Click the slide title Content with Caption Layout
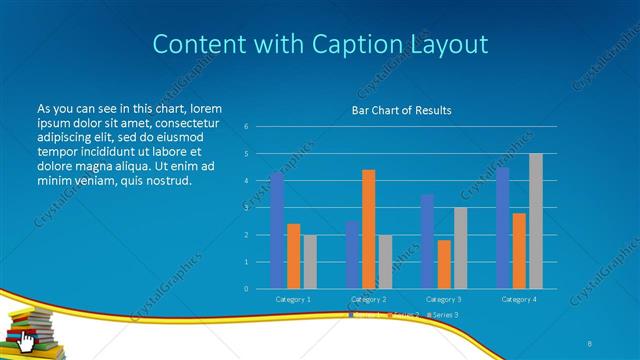320,44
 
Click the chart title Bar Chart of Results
401,110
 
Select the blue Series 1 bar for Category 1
277,231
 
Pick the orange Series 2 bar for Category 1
293,256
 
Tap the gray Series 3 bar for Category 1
309,262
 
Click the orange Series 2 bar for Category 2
368,229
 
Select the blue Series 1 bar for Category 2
352,255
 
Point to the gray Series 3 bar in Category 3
460,248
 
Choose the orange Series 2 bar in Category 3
444,264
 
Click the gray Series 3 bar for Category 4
536,221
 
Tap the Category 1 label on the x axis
293,299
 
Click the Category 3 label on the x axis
444,299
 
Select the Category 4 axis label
519,299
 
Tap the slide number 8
590,341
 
